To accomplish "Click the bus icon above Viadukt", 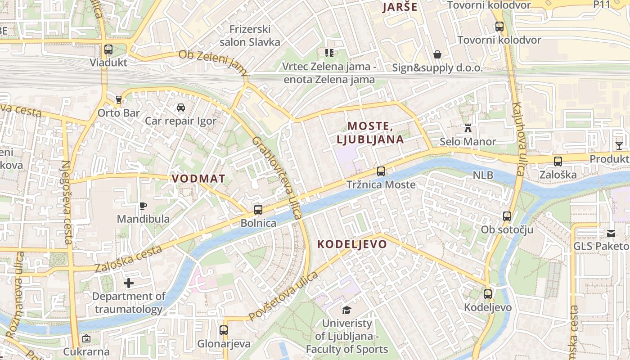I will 108,49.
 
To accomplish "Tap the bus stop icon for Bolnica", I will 258,210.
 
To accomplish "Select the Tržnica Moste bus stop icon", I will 381,171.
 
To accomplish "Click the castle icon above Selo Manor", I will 468,129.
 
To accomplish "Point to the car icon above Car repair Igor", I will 180,108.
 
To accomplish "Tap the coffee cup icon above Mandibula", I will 143,206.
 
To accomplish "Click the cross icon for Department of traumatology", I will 129,283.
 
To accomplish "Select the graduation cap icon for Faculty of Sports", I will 346,310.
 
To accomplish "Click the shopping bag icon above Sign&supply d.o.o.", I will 437,55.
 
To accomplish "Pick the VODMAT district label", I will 198,179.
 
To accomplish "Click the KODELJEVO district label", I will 352,244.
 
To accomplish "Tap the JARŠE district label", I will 400,7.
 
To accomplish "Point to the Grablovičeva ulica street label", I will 277,178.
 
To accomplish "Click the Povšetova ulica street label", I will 283,297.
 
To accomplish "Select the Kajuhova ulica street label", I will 518,139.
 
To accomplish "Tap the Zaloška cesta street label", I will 129,259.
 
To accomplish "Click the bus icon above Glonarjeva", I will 224,330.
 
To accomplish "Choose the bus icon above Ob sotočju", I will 507,216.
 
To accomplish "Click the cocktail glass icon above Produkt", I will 619,145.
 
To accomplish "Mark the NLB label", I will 483,175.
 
